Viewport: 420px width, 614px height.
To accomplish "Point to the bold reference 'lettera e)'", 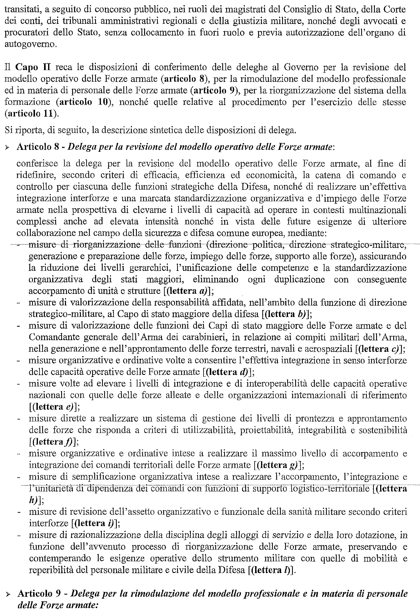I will pyautogui.click(x=54, y=407).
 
